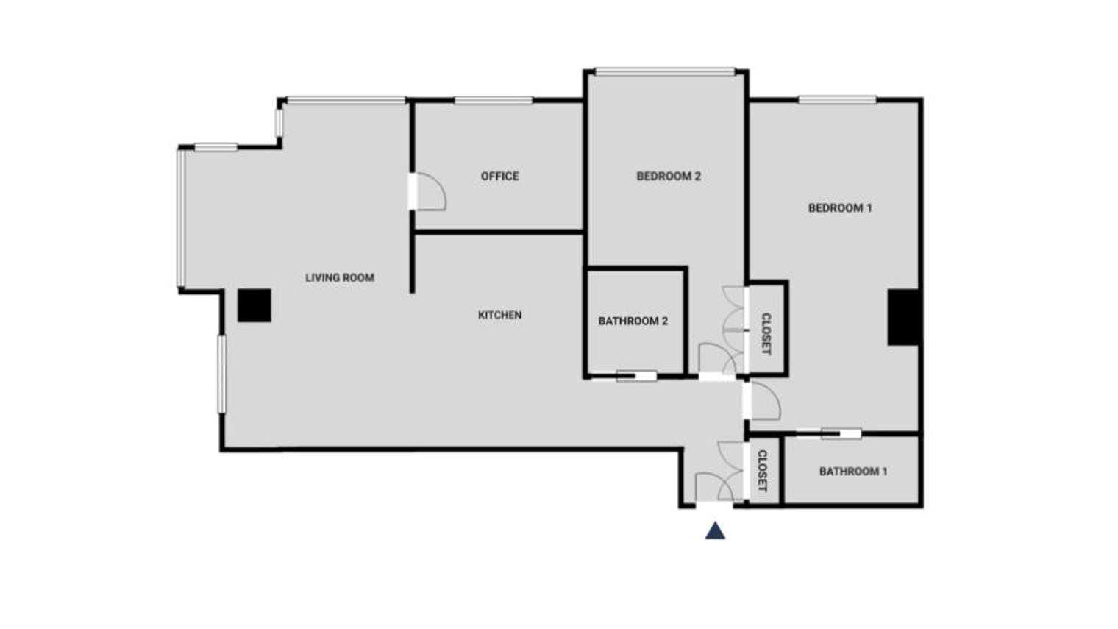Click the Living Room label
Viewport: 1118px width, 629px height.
coord(340,277)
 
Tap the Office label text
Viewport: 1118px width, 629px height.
coord(499,177)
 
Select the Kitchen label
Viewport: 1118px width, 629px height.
coord(499,315)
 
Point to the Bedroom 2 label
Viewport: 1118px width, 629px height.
coord(669,177)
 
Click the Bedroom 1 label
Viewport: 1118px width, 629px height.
coord(840,207)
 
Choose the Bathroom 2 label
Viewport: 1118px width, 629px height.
coord(633,321)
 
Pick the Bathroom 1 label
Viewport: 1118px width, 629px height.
coord(853,472)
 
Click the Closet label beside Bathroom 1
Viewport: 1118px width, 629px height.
coord(762,471)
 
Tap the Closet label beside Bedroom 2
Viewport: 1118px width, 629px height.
coord(766,334)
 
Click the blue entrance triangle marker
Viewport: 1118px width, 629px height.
coord(715,531)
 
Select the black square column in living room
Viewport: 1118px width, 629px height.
coord(254,305)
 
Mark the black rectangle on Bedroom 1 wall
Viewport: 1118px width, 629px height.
coord(903,318)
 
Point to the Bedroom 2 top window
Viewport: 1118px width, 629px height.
coord(665,72)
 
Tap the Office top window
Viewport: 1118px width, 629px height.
coord(493,100)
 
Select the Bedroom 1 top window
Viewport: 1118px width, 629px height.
coord(837,100)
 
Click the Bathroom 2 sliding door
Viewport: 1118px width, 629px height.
coord(636,376)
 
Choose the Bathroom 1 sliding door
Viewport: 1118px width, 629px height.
coord(841,434)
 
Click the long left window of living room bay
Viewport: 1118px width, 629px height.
coord(181,218)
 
